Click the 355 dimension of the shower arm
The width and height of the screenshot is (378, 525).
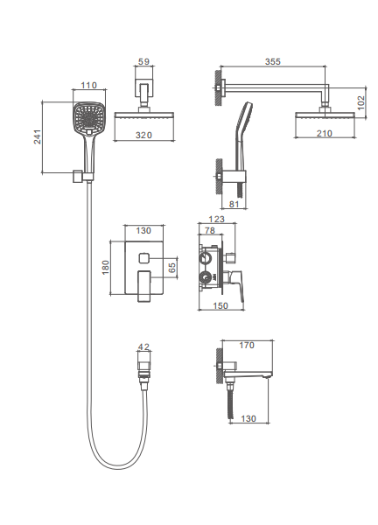click(272, 61)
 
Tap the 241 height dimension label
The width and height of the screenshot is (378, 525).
click(37, 137)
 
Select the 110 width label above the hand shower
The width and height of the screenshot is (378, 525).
click(88, 86)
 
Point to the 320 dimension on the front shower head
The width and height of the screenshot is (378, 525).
click(143, 135)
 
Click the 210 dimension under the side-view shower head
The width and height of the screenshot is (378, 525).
click(325, 133)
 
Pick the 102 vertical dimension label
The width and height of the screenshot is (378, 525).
click(360, 102)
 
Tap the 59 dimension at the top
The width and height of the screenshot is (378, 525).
click(143, 61)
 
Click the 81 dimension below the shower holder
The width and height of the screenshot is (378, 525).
click(234, 204)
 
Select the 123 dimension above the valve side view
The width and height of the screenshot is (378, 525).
click(216, 219)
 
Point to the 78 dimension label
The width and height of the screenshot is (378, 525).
click(209, 230)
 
